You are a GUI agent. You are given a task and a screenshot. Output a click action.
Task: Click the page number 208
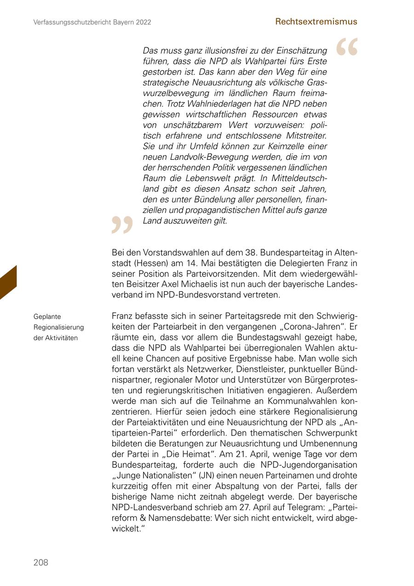point(40,563)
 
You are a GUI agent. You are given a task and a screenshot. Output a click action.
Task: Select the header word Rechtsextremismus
point(316,22)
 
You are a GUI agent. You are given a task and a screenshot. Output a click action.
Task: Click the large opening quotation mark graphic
point(347,47)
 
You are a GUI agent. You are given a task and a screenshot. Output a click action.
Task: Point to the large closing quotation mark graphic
point(122,225)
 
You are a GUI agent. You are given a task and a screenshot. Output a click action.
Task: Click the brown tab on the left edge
point(8,282)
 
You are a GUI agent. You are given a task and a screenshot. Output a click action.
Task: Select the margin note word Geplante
point(47,317)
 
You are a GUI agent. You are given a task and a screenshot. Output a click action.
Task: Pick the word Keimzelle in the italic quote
point(283,146)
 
